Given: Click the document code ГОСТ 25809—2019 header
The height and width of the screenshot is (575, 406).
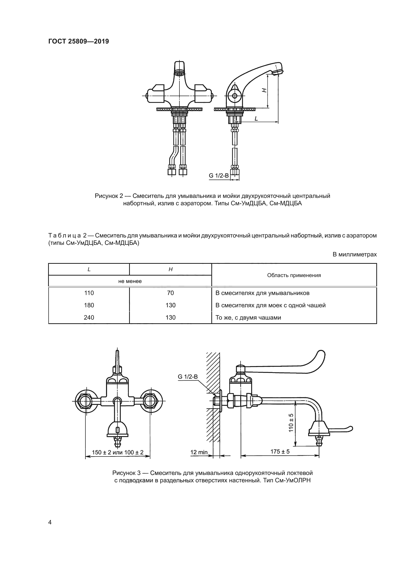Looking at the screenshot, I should [x=79, y=42].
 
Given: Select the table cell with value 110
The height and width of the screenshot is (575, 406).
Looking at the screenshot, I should [x=89, y=293].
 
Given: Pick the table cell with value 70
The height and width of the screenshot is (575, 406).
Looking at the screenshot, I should [x=171, y=293].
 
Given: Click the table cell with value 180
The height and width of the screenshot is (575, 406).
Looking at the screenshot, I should [x=89, y=305].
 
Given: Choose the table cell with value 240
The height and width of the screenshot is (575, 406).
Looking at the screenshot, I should [x=89, y=318].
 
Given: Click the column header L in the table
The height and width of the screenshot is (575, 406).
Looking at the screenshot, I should [x=89, y=269].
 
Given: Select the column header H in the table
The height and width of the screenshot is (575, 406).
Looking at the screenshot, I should [x=171, y=269].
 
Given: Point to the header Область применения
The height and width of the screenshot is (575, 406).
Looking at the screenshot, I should [x=294, y=276].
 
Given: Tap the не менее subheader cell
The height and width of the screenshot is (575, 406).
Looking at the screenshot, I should [x=130, y=281].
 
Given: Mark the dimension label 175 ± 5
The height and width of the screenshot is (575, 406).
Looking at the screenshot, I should [x=280, y=452].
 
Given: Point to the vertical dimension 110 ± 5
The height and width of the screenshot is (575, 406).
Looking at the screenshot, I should [x=291, y=422].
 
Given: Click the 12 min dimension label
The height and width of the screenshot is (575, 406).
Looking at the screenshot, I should [x=199, y=452].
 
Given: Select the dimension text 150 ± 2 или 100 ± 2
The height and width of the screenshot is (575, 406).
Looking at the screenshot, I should [x=118, y=452].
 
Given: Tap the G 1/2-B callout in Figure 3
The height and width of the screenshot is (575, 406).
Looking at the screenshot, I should [x=188, y=376].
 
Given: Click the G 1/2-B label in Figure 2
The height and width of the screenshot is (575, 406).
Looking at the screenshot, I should [x=219, y=176].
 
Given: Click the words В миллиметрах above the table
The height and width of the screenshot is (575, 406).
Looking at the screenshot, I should [x=354, y=255].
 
